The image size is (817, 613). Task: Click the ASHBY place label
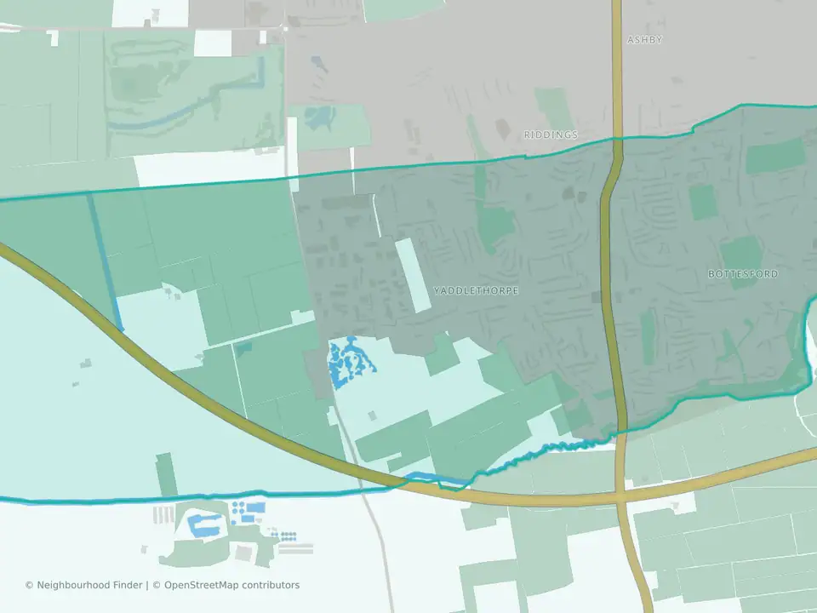[x=644, y=40]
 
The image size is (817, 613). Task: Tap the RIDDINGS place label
[x=551, y=135]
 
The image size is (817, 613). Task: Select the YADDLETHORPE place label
[x=476, y=290]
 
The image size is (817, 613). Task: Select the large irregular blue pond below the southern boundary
[x=204, y=526]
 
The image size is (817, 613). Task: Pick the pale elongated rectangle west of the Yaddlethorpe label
[x=414, y=274]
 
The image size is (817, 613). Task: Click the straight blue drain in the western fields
[x=106, y=260]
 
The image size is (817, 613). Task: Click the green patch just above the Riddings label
[x=553, y=108]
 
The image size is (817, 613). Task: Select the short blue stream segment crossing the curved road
[x=435, y=479]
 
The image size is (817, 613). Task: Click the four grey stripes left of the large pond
[x=163, y=515]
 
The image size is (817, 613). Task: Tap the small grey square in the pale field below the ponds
[x=372, y=415]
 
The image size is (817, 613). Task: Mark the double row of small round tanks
[x=288, y=536]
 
